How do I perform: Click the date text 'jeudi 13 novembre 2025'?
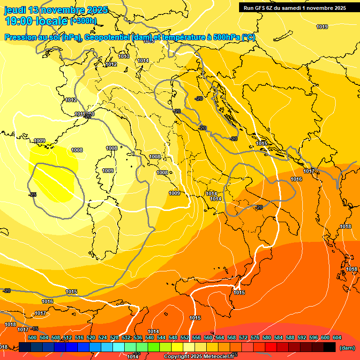tap(56, 10)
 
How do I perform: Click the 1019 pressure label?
tap(322, 27)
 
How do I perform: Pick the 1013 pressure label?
tap(124, 56)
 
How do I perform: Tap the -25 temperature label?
tap(32, 195)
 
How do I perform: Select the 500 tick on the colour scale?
tap(32, 337)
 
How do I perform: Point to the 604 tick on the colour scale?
tap(337, 337)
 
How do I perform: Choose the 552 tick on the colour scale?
tap(185, 337)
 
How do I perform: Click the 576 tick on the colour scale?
tap(255, 337)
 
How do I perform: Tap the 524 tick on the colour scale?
tap(103, 337)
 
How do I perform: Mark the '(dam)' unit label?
tap(347, 347)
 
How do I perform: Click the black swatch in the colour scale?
tap(329, 347)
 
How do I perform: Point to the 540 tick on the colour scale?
tap(150, 337)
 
